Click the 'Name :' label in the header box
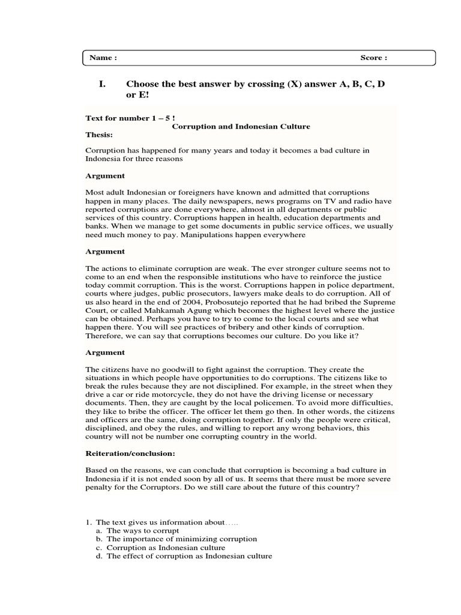point(103,58)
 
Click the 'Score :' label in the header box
point(373,58)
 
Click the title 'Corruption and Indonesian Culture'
point(241,127)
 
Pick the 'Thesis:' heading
point(99,135)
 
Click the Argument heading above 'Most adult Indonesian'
point(105,176)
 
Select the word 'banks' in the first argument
point(97,226)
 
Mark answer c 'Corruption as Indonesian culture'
point(166,548)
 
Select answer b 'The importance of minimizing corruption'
point(181,539)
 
